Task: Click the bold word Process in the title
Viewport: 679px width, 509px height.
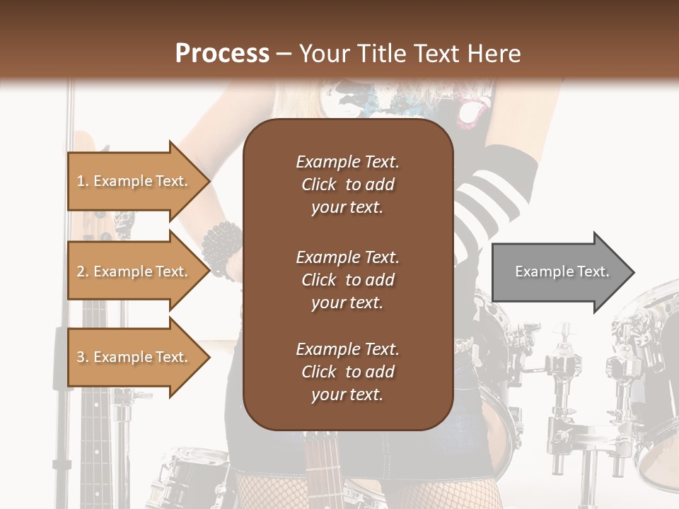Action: tap(222, 53)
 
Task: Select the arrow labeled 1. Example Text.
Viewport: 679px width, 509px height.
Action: tap(134, 181)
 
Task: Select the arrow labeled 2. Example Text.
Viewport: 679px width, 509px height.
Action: tap(134, 271)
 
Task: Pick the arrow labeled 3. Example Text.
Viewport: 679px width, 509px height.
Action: tap(134, 357)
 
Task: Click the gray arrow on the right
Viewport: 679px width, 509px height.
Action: tap(559, 272)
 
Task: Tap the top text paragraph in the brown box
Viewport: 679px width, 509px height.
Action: tap(347, 185)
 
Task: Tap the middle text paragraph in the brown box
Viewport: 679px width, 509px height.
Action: tap(347, 280)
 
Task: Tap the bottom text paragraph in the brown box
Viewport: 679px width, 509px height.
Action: tap(347, 372)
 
